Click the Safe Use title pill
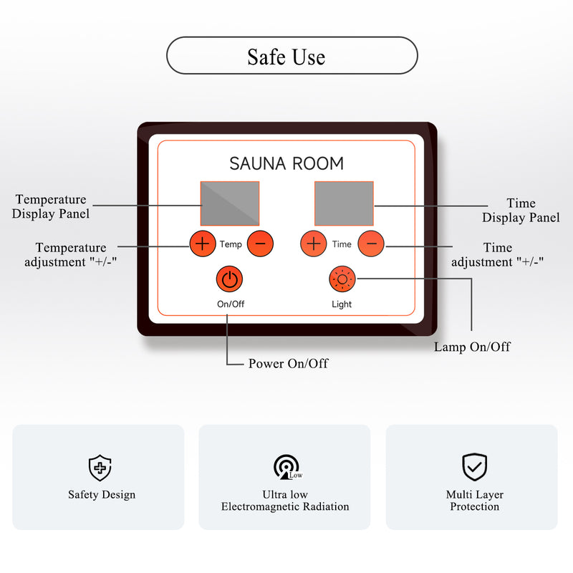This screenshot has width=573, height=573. coord(292,56)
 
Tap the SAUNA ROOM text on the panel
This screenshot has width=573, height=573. coord(286,163)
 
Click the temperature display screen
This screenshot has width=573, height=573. coord(230,203)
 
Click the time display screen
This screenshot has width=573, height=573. coord(344,203)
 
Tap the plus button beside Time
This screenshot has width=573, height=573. coord(314,244)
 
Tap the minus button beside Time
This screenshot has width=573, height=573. coord(371,244)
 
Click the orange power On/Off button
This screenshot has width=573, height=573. coord(229,279)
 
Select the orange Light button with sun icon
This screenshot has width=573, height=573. coord(342,279)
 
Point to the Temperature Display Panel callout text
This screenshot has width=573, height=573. coord(51,206)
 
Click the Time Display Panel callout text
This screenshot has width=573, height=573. coord(521,211)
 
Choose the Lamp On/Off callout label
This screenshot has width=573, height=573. coord(472,347)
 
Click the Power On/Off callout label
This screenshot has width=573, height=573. coord(288,363)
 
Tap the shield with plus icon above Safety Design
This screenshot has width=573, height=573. coord(100,467)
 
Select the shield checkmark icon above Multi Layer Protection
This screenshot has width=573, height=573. coord(474,466)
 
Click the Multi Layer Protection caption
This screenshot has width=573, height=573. coord(474,501)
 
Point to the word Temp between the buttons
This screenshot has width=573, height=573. coord(231,244)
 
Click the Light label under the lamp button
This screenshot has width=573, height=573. coord(342,304)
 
